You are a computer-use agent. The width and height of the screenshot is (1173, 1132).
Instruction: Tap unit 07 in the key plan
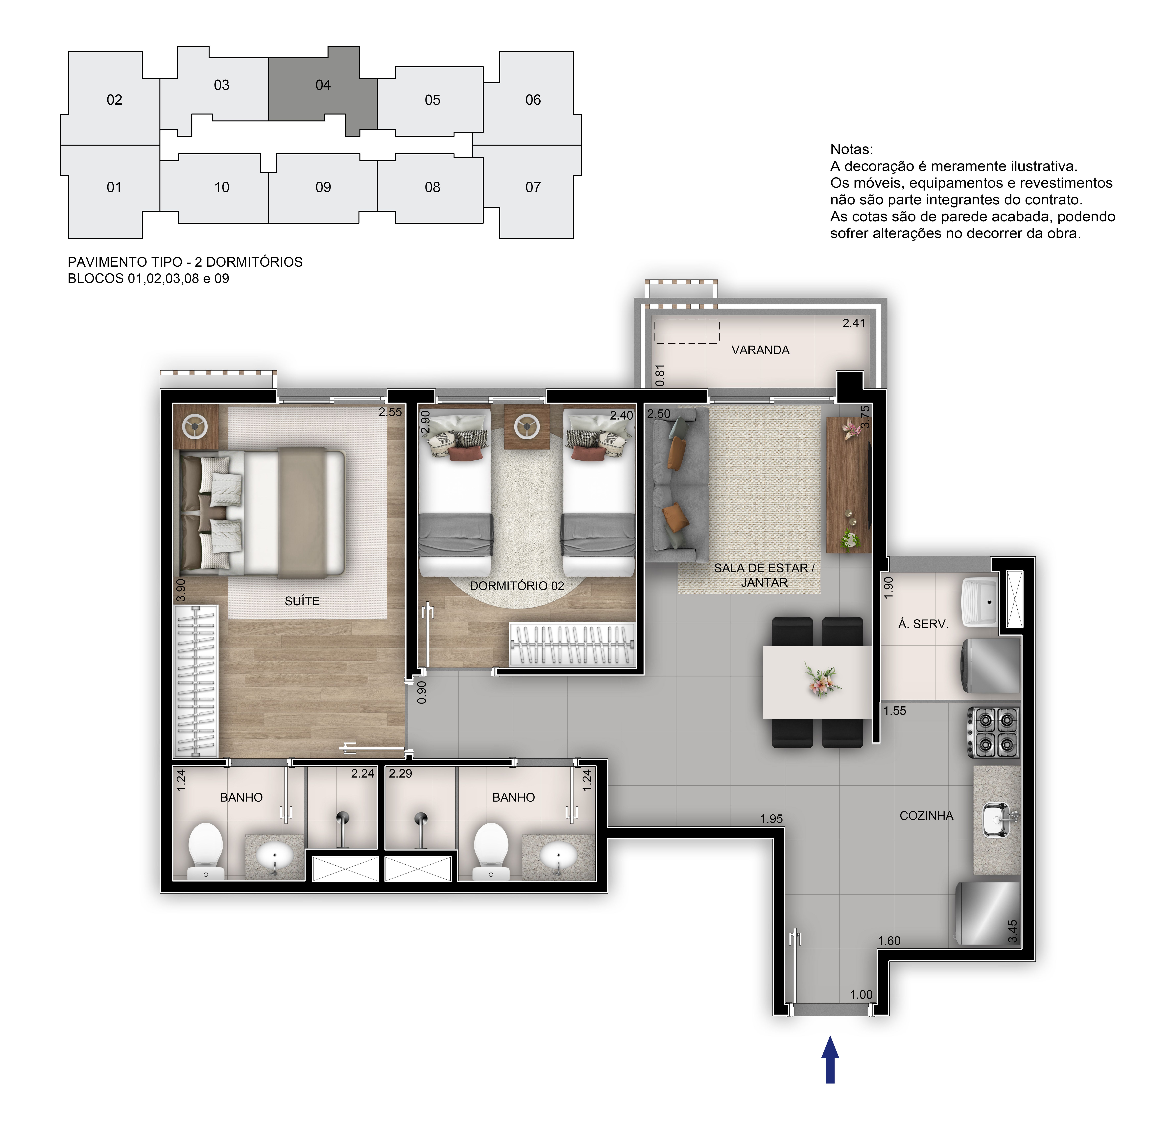(533, 187)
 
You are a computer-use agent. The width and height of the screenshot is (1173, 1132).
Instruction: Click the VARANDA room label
(760, 350)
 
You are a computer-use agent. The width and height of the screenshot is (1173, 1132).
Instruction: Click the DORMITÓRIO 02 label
(516, 586)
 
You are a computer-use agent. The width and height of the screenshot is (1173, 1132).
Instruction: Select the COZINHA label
(926, 816)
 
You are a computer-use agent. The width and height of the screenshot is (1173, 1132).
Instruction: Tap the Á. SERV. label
(923, 624)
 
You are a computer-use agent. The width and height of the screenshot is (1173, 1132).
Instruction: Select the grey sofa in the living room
(676, 485)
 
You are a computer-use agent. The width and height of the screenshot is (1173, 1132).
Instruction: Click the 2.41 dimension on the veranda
(853, 323)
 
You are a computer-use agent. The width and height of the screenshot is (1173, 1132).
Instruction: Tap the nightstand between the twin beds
(526, 427)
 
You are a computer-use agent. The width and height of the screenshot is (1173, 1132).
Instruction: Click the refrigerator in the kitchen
(987, 912)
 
